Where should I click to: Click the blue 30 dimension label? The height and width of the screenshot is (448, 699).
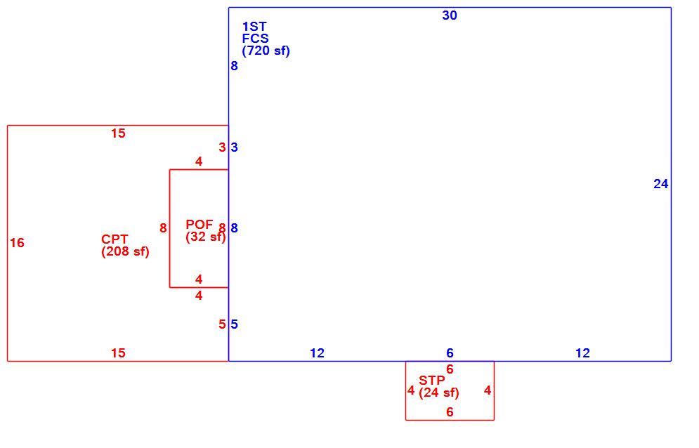pos(450,15)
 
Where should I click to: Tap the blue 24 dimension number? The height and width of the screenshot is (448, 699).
pos(660,184)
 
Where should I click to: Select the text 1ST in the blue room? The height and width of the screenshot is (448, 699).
pos(254,27)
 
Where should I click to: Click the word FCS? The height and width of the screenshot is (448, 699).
pos(256,39)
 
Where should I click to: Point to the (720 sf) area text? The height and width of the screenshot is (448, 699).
pos(266,51)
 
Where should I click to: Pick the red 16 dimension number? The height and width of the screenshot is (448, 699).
pos(17,243)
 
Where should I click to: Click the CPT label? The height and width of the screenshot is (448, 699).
pos(115,239)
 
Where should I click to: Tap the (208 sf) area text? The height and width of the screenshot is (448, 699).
pos(125,252)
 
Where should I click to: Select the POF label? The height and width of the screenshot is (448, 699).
pos(200,224)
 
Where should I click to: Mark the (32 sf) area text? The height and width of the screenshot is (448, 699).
pos(206,237)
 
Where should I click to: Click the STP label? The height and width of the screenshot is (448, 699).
pos(431,381)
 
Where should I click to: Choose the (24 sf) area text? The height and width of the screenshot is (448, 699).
pos(438,393)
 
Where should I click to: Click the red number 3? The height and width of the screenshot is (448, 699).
pos(222,147)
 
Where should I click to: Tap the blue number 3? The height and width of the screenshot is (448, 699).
pos(235,147)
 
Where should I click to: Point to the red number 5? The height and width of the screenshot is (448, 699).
pos(222,324)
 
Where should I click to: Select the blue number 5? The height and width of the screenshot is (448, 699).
pos(235,324)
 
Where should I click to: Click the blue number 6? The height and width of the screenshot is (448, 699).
pos(450,353)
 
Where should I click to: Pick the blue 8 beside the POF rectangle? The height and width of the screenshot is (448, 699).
pos(235,228)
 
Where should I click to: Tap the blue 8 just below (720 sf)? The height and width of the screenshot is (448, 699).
pos(235,66)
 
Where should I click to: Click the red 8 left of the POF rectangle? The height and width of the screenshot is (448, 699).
pos(163,228)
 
